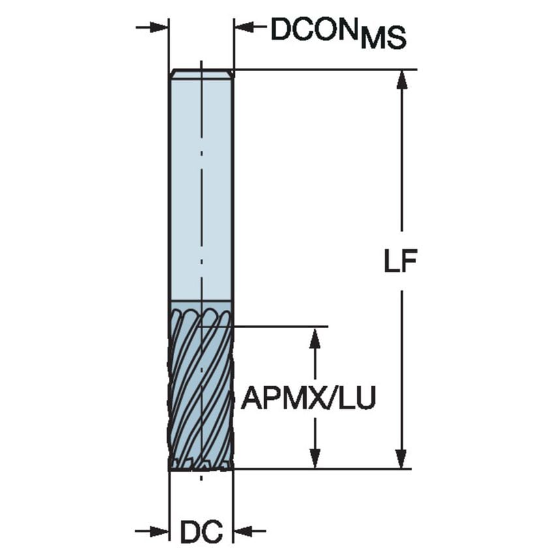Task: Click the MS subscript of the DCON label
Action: (x=384, y=38)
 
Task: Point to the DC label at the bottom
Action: (x=201, y=532)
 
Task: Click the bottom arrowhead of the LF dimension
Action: (x=402, y=458)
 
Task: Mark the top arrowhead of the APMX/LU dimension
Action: (x=316, y=337)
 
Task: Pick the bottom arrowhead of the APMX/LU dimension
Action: (x=316, y=458)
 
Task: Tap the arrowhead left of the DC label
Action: (x=160, y=531)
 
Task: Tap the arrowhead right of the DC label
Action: (x=243, y=531)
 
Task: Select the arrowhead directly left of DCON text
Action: (x=244, y=27)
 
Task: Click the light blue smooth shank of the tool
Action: (x=201, y=189)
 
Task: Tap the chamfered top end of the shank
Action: (x=201, y=74)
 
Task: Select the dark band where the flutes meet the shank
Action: (x=201, y=307)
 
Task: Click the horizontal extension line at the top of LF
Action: (x=326, y=69)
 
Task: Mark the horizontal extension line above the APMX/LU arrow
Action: (x=280, y=325)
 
